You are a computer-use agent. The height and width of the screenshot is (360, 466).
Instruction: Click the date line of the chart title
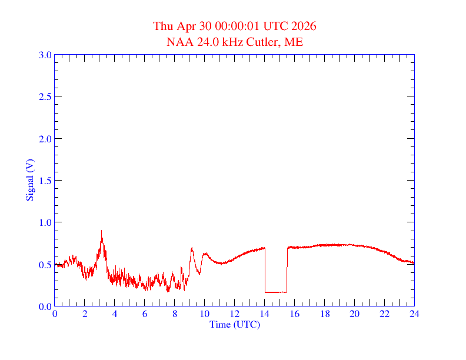coord(234,26)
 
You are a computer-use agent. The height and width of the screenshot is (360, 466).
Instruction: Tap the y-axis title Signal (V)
coord(29,181)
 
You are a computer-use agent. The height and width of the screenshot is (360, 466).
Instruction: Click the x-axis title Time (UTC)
coord(234,324)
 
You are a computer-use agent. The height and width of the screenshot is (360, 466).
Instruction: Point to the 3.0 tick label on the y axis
coord(45,55)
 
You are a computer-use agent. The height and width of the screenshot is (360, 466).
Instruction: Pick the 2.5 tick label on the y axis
coord(45,96)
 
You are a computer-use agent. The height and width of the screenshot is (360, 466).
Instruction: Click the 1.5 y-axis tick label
coord(45,181)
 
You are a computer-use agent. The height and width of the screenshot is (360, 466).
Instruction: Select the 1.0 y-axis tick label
coord(45,222)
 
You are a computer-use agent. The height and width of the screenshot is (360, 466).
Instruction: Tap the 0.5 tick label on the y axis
coord(45,265)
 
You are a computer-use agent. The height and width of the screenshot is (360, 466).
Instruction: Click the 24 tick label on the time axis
coord(414,314)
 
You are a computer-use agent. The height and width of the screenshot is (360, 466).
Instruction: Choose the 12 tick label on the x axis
coord(235,314)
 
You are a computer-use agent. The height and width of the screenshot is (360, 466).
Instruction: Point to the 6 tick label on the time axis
coord(145,314)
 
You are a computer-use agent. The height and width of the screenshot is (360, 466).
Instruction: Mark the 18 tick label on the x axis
coord(324,314)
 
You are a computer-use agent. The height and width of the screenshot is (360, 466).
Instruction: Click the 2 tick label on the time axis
coord(85,314)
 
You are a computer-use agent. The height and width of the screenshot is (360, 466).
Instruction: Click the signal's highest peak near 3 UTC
coord(101,231)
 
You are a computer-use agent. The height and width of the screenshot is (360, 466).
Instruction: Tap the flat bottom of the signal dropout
coord(275,292)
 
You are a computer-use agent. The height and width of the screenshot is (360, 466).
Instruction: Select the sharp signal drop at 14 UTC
coord(265,271)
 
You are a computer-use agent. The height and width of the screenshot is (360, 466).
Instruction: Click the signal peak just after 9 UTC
coord(192,248)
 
